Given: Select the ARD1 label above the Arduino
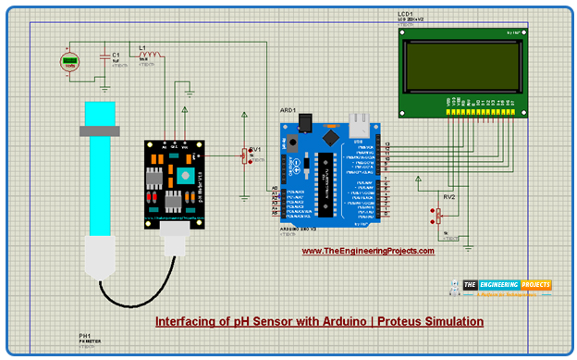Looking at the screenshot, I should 288,110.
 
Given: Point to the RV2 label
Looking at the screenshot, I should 449,197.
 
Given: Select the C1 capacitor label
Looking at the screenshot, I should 116,56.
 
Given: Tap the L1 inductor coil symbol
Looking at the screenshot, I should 153,52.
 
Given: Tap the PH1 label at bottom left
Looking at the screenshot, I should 86,336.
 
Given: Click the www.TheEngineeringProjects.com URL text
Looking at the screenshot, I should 368,250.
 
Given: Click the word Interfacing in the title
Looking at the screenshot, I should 181,322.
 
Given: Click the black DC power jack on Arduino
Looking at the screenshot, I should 294,143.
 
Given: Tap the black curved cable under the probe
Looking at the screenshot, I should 139,294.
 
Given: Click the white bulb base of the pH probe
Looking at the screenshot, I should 100,254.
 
